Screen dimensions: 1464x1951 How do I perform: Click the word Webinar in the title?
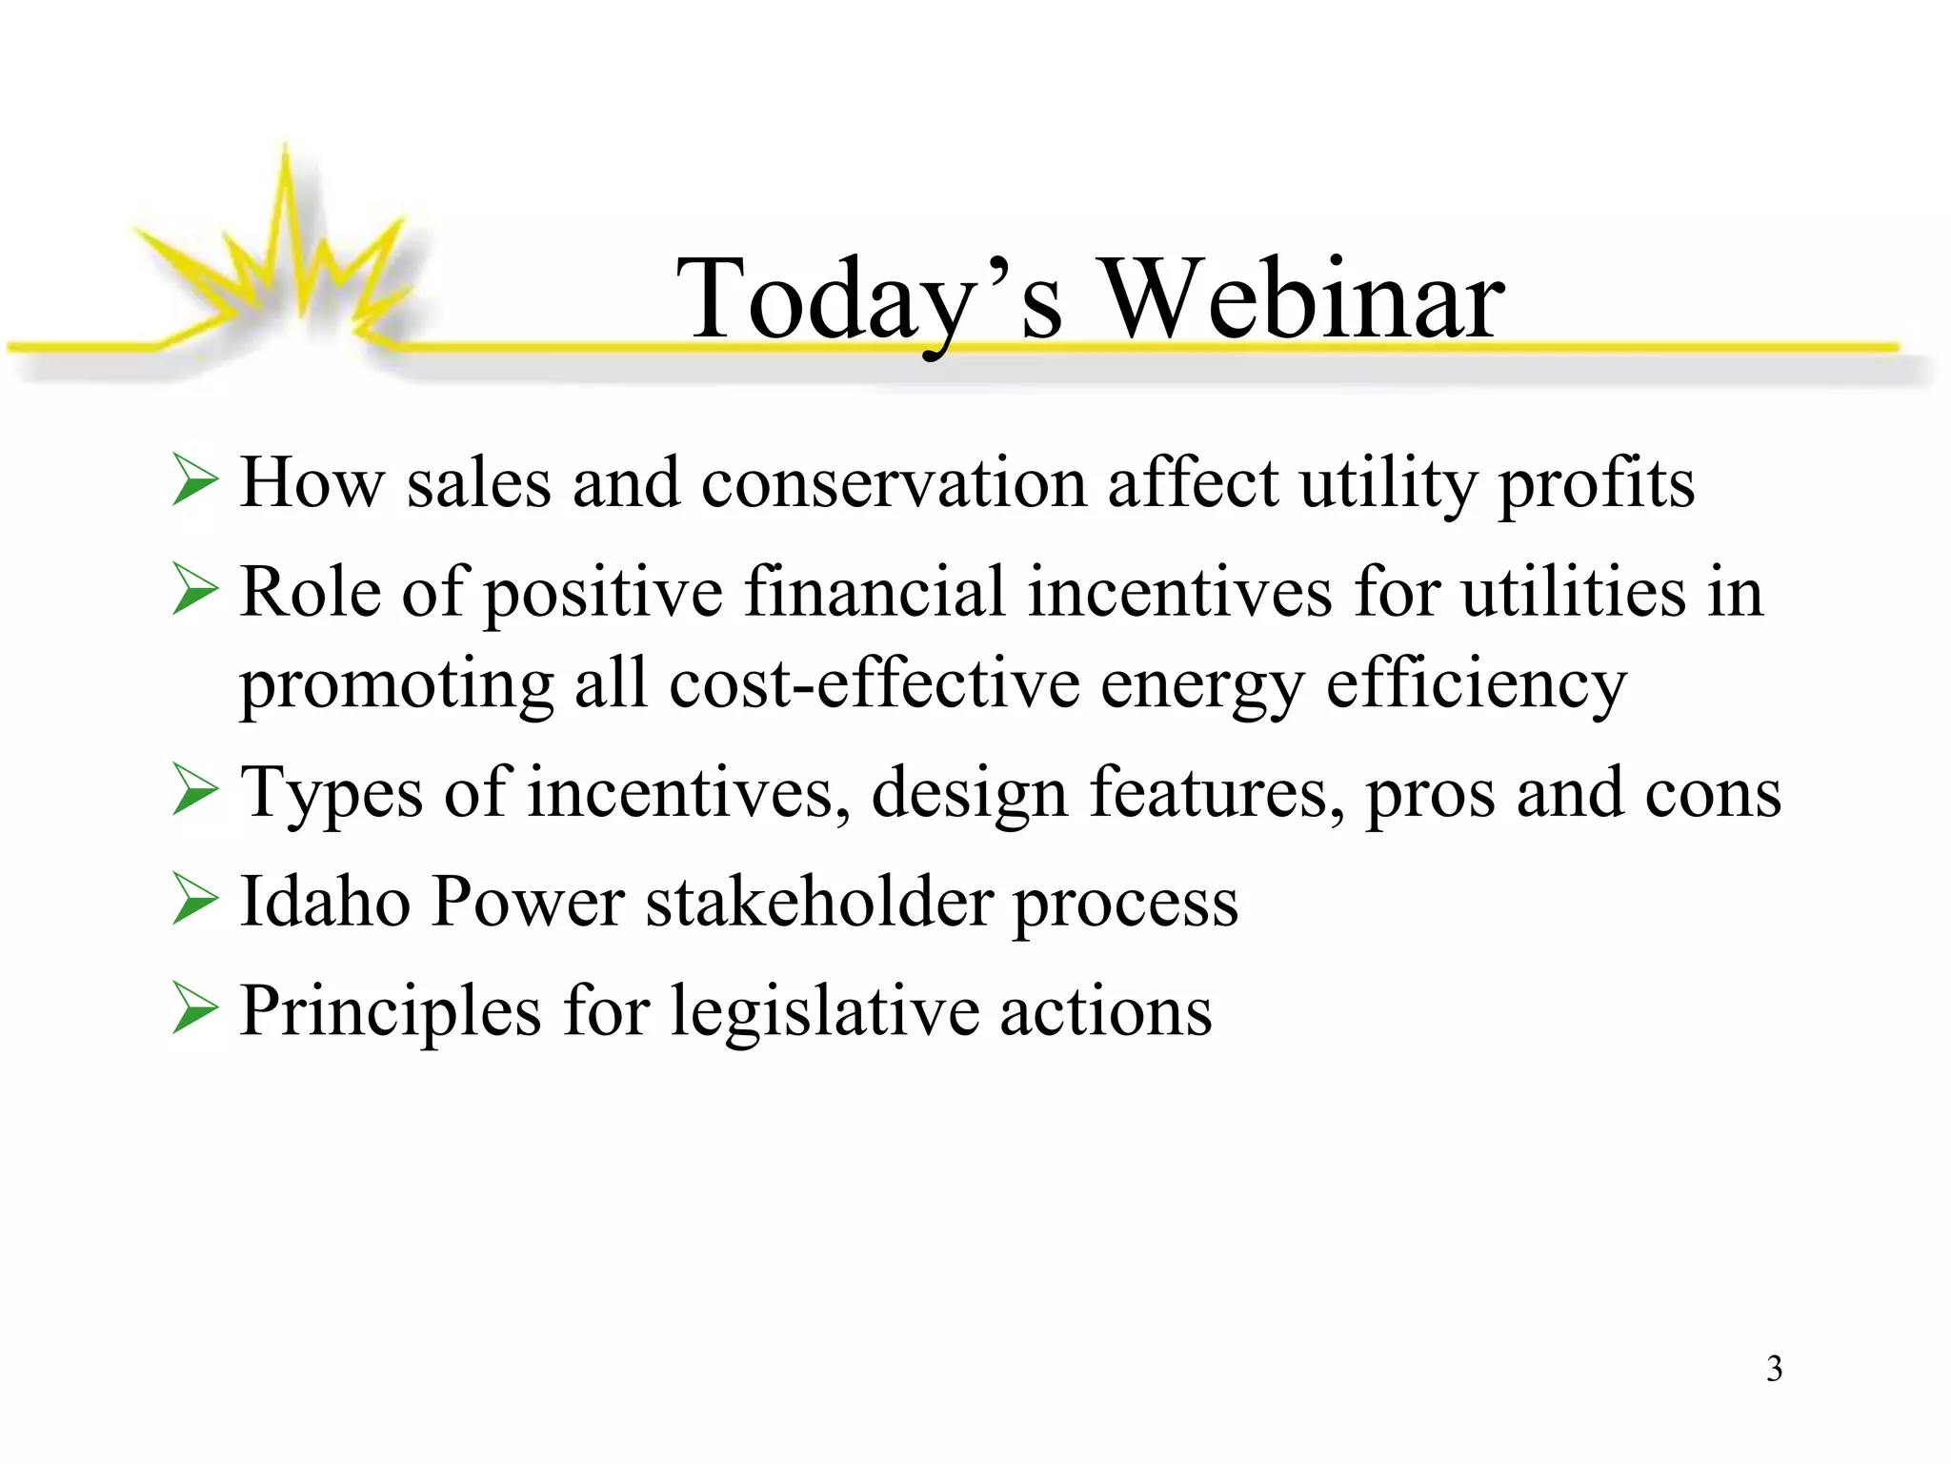1303,300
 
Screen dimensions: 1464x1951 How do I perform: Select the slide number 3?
1774,1369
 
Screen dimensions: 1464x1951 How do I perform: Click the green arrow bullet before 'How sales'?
196,482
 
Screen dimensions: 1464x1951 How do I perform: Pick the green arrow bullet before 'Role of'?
196,592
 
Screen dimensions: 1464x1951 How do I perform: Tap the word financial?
874,592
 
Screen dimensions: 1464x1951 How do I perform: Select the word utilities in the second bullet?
1573,592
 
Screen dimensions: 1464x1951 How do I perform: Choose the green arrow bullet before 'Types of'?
196,793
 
